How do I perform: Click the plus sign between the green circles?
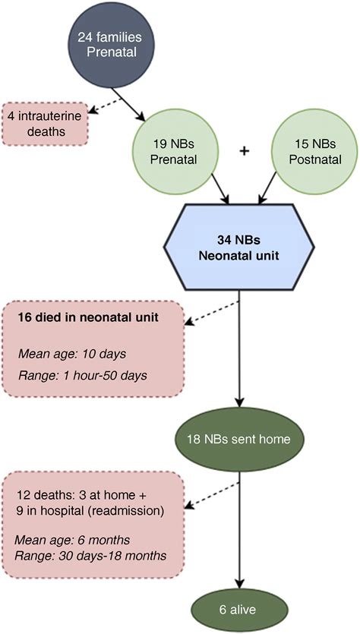coord(245,152)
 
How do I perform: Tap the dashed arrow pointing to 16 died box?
coord(213,316)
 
